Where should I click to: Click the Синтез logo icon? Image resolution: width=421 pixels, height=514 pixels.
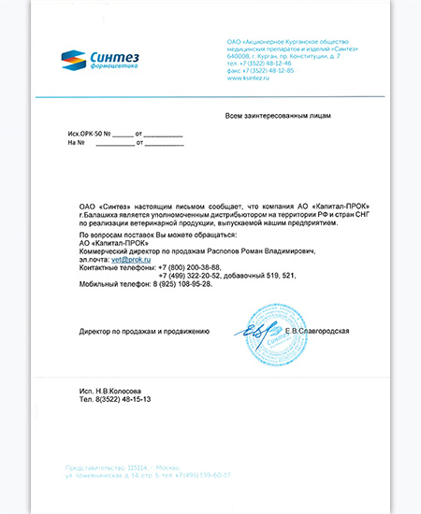(x=73, y=60)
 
